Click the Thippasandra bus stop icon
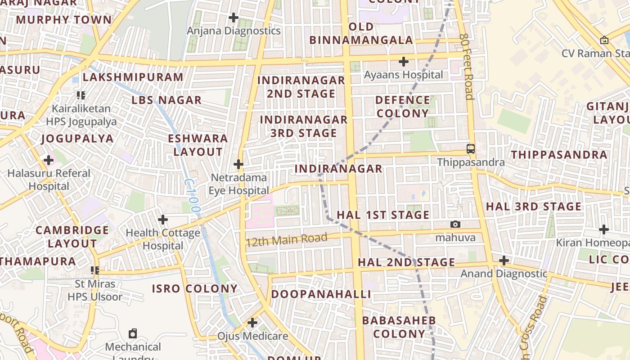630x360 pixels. (x=471, y=148)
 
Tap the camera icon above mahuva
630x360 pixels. (x=455, y=224)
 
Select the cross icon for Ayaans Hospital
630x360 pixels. (x=404, y=61)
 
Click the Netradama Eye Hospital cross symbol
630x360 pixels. (x=238, y=164)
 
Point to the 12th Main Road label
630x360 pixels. (x=287, y=239)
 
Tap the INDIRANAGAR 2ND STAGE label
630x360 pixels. (x=301, y=87)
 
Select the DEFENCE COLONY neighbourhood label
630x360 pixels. (x=402, y=106)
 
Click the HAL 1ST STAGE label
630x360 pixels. (x=383, y=215)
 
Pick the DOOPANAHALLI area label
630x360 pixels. (x=321, y=294)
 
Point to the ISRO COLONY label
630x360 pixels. (x=194, y=288)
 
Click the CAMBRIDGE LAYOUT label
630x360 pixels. (x=72, y=237)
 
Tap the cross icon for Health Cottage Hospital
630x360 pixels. (x=163, y=220)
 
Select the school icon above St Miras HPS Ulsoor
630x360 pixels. (x=95, y=270)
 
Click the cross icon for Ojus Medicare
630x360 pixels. (x=252, y=323)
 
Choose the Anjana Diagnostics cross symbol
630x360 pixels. (x=234, y=18)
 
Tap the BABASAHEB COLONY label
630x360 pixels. (x=399, y=327)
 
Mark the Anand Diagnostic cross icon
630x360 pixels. (x=504, y=260)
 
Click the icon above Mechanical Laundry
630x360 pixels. (x=133, y=333)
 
